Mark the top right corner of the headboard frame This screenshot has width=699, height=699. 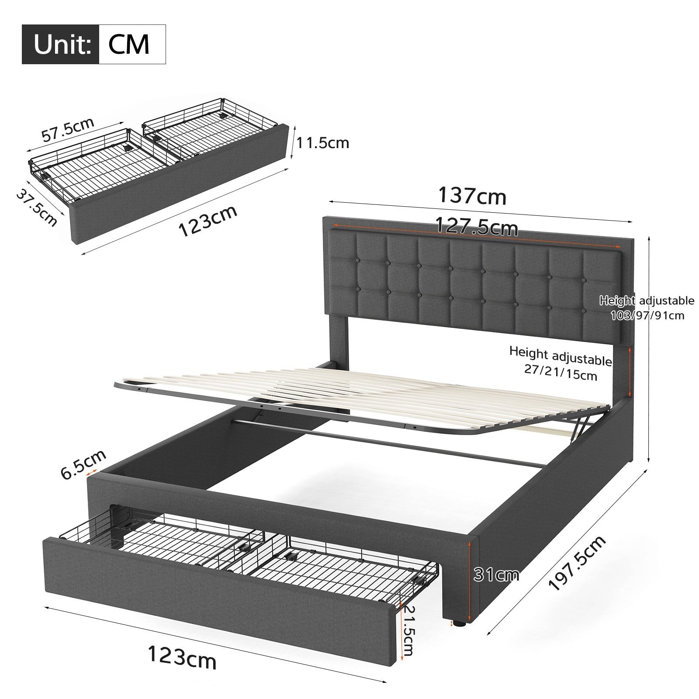634,238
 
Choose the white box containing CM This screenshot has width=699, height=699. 132,45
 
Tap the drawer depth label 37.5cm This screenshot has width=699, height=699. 37,208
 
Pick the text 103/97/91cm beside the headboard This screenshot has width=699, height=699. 648,315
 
